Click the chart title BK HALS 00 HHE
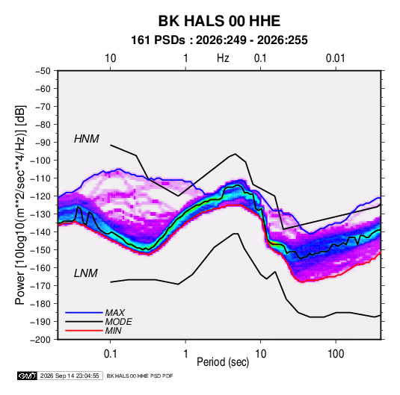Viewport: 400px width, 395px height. (x=219, y=21)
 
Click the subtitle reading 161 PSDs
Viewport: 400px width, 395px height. (x=158, y=40)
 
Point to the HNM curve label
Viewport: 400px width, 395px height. (x=87, y=139)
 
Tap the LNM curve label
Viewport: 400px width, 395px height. (x=86, y=273)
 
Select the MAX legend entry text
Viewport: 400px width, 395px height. (x=115, y=313)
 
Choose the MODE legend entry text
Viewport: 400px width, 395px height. (x=119, y=322)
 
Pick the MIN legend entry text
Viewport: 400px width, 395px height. (x=113, y=331)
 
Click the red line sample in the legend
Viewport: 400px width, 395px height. (x=84, y=331)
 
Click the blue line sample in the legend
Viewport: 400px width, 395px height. (x=84, y=313)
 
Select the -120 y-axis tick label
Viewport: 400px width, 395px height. (x=40, y=196)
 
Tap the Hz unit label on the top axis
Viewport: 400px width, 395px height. (x=223, y=58)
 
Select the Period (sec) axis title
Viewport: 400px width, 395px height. (x=223, y=362)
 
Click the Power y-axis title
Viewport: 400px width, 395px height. (x=20, y=205)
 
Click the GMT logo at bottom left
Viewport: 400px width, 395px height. (x=28, y=376)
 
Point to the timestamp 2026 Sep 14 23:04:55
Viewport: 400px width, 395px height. (x=70, y=376)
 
